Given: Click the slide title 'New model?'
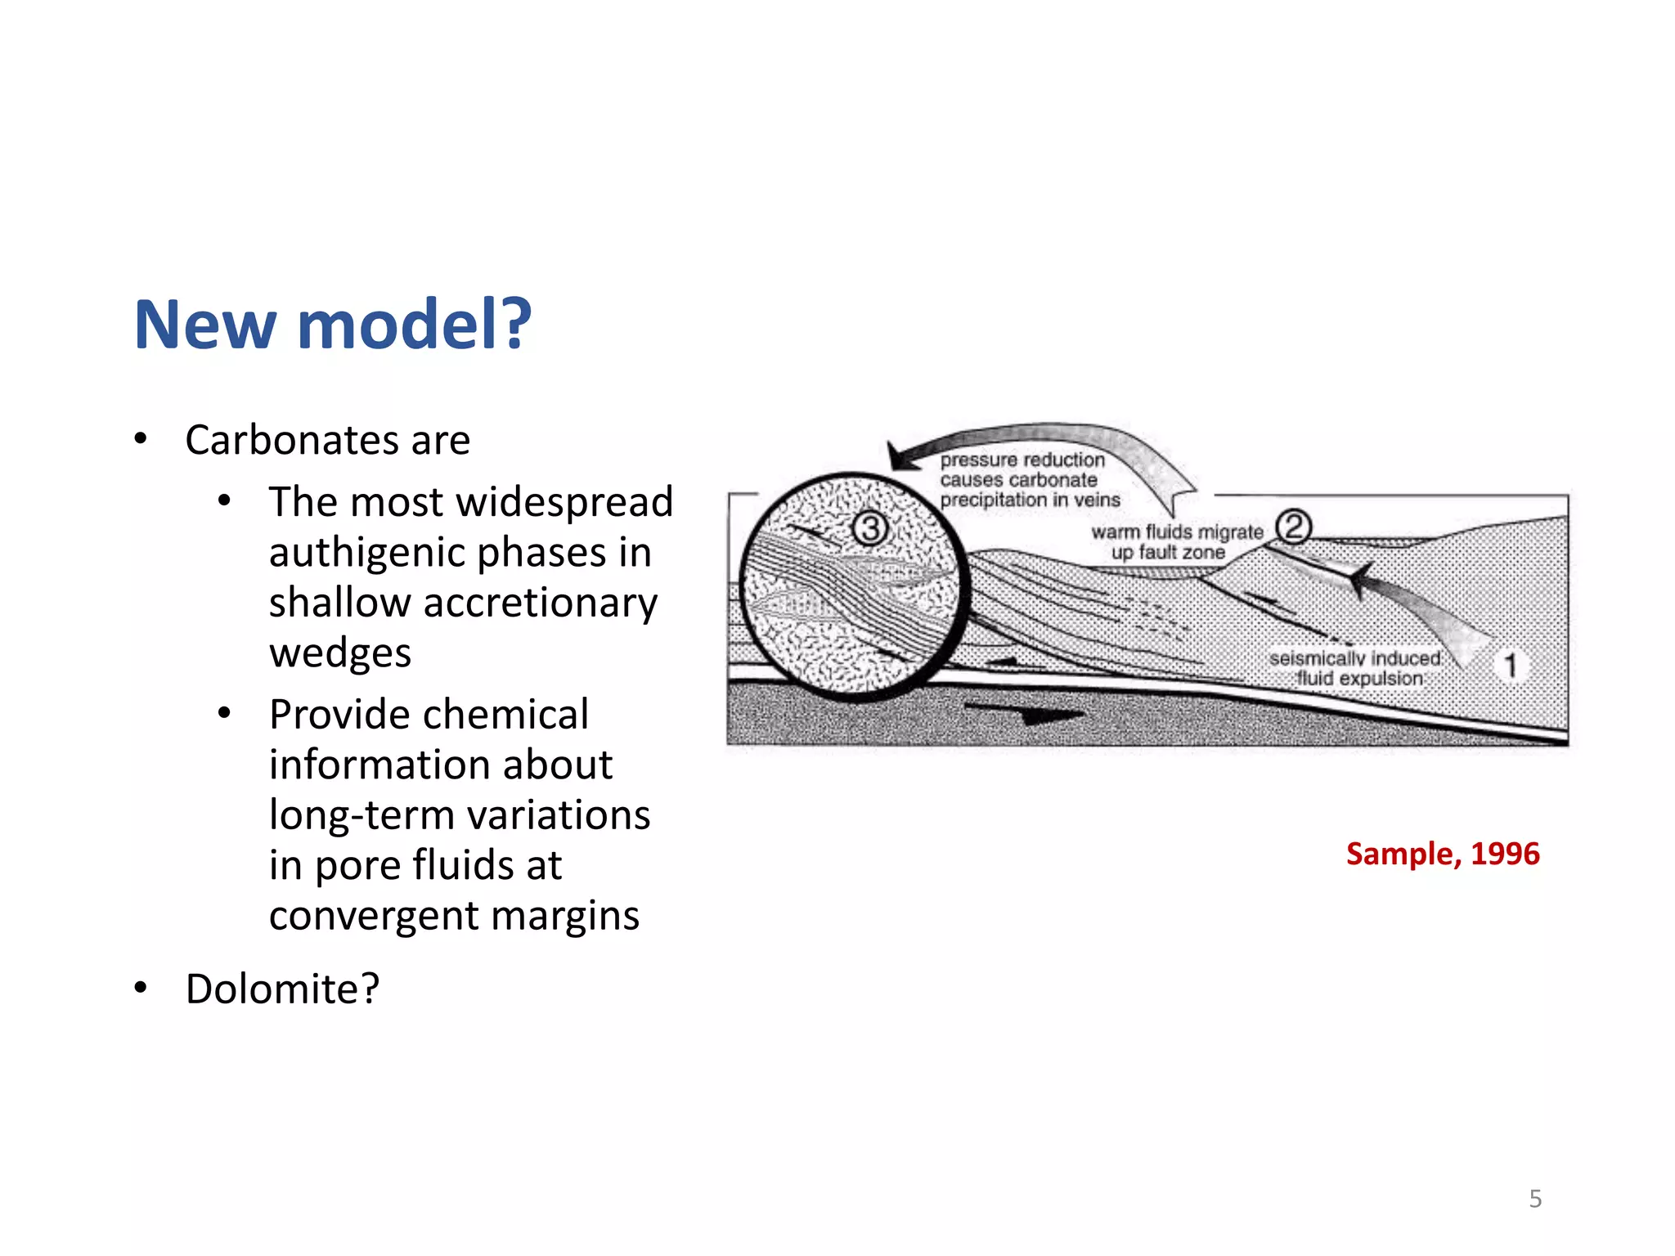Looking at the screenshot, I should pos(333,325).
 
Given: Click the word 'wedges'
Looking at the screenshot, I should pos(340,653).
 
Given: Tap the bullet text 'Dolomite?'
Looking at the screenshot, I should pos(282,989).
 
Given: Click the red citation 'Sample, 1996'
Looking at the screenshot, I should pos(1443,854).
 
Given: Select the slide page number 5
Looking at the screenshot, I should pos(1535,1199).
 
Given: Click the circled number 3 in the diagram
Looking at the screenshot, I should pos(870,528).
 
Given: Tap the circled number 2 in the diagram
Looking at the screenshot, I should pos(1293,526).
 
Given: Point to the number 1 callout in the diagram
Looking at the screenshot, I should pos(1510,665).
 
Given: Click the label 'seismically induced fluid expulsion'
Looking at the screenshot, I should pos(1357,668).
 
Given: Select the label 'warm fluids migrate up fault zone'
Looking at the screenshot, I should pos(1174,542).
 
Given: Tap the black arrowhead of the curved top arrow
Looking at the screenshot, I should pos(903,456).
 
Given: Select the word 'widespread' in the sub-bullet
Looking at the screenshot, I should pos(565,501).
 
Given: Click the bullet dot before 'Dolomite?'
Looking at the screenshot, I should pos(141,988).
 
